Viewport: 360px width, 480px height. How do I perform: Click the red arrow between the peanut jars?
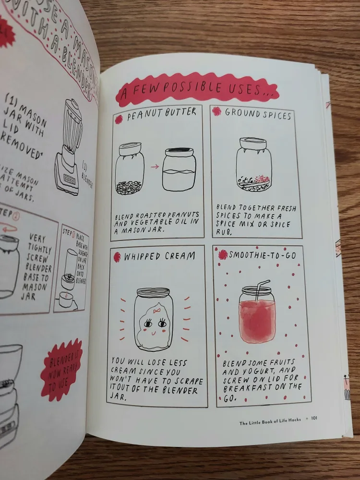click(x=155, y=167)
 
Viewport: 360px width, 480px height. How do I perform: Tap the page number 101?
click(x=314, y=418)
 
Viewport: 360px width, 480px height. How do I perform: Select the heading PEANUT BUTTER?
click(x=162, y=112)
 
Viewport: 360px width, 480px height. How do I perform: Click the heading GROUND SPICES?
click(x=258, y=114)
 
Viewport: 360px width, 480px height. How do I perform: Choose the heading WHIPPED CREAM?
click(x=159, y=256)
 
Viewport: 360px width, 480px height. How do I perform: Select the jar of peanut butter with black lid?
click(x=179, y=169)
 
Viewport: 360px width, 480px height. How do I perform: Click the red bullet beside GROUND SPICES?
click(x=217, y=112)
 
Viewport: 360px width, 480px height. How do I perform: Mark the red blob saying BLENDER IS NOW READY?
click(x=61, y=369)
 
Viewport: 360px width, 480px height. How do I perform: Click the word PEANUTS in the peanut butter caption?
click(x=182, y=214)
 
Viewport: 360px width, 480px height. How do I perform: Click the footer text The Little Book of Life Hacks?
click(x=271, y=422)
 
